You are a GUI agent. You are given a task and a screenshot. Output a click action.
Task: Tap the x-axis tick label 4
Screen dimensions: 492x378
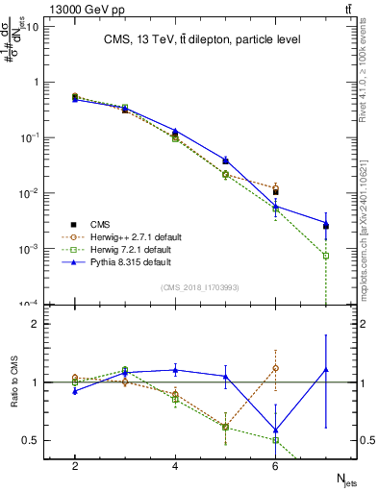pyautogui.click(x=175, y=465)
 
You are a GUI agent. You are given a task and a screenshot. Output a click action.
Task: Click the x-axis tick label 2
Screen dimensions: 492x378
pyautogui.click(x=75, y=465)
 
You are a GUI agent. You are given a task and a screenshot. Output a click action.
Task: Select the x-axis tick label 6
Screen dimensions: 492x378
pyautogui.click(x=275, y=465)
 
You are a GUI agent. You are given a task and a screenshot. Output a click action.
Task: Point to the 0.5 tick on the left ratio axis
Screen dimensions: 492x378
pyautogui.click(x=32, y=440)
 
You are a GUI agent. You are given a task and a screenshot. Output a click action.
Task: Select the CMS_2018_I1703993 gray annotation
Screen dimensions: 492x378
pyautogui.click(x=199, y=287)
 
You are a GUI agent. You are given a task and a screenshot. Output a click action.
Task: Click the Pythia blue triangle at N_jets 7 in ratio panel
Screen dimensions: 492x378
pyautogui.click(x=325, y=369)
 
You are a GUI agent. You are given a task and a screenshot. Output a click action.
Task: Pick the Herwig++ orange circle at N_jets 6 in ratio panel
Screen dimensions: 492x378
pyautogui.click(x=275, y=368)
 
